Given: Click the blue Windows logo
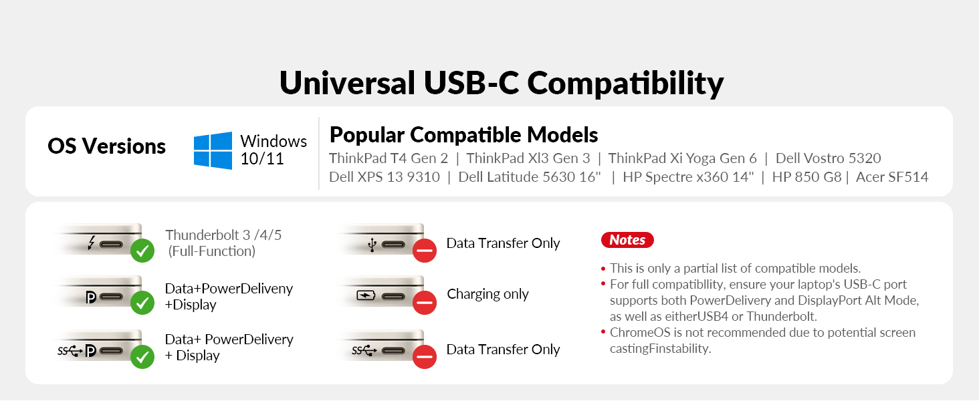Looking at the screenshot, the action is [x=213, y=150].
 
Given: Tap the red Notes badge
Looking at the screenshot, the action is [x=627, y=240].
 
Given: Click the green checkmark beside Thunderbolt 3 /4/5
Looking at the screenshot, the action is [x=142, y=251].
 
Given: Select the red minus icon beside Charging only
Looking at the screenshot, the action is [x=425, y=302].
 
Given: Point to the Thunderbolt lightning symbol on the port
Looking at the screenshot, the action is [x=92, y=243].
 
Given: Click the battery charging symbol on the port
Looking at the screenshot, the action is [x=366, y=295].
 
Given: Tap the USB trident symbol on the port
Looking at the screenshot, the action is [x=372, y=245].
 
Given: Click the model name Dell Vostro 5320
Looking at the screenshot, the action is [x=829, y=158].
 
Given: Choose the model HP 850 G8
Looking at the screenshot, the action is [x=806, y=177].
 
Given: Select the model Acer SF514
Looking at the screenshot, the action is [x=892, y=177].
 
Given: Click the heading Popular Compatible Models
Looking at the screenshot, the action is [x=463, y=134].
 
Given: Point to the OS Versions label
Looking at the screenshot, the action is [x=106, y=146].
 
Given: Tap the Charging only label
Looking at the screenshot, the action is [x=487, y=295].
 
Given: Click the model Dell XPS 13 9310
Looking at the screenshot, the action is [x=384, y=177].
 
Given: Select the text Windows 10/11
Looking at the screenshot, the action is [x=274, y=150].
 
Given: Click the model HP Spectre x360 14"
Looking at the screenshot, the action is [x=688, y=177].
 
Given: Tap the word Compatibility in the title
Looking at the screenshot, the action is [x=625, y=84].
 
